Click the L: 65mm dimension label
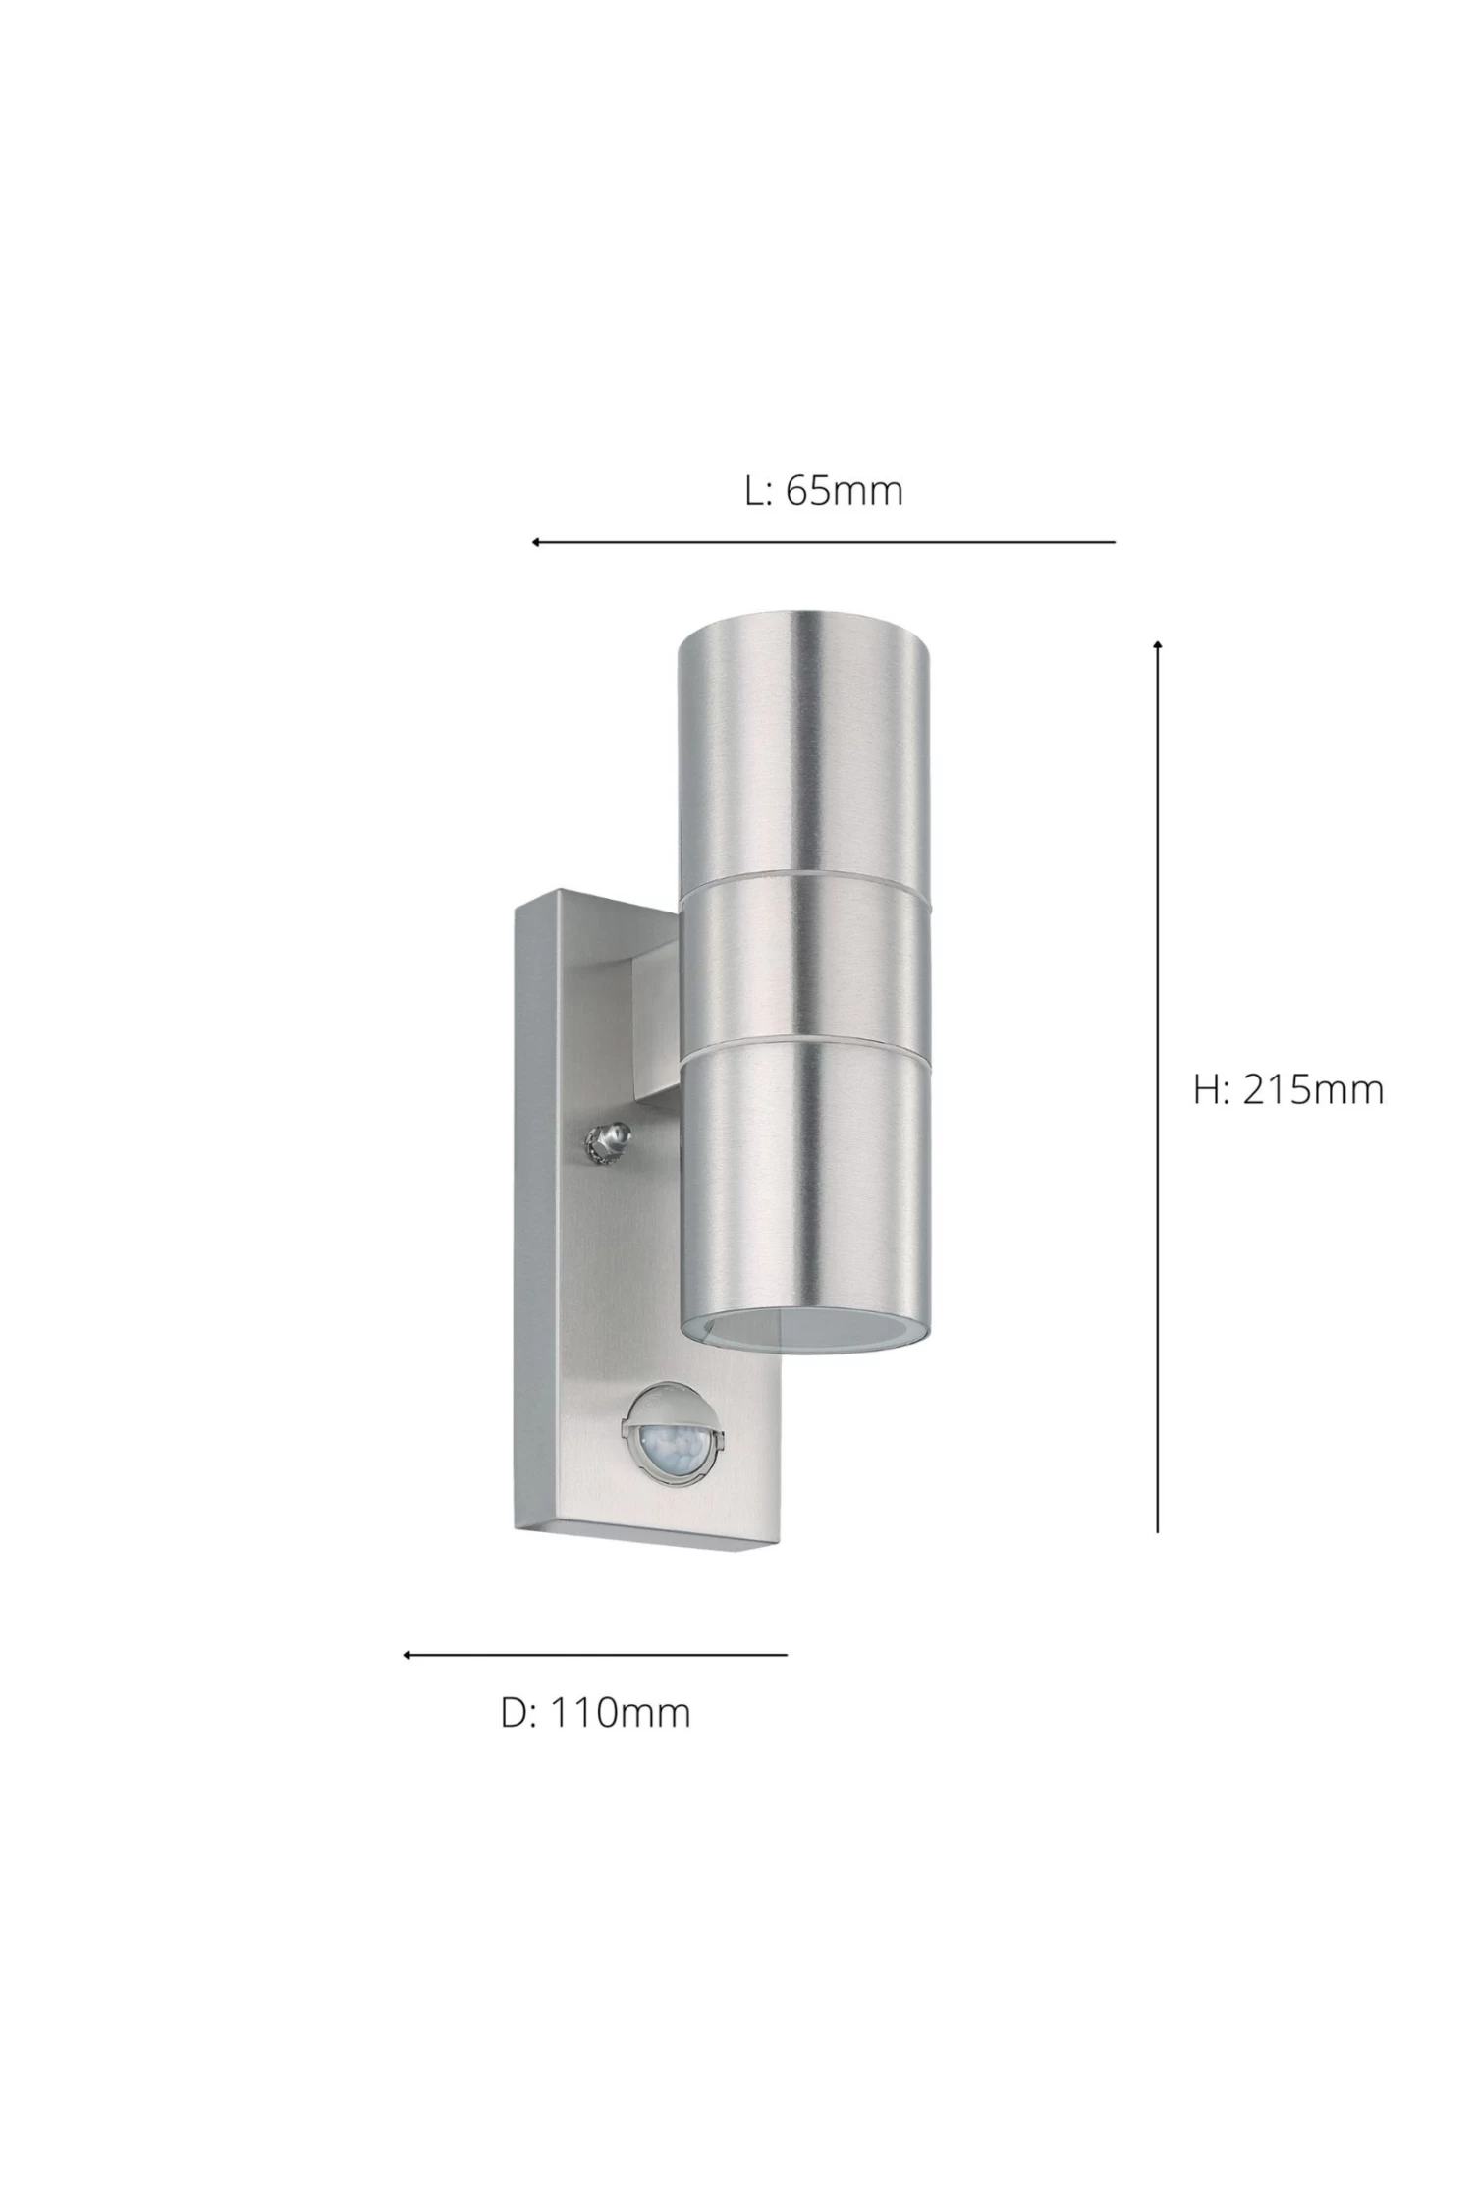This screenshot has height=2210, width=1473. [x=824, y=490]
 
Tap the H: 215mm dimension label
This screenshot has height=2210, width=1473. [x=1288, y=1089]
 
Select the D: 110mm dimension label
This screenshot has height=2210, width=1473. [x=596, y=1713]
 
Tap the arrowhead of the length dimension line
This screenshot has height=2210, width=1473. [x=537, y=542]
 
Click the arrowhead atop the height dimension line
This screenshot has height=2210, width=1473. [x=1158, y=644]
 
